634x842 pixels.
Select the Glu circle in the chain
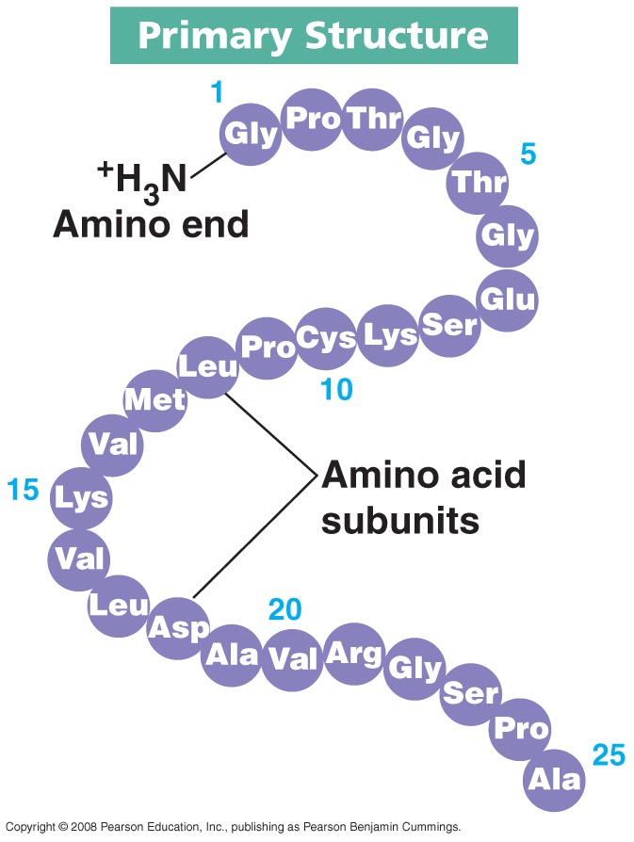(508, 300)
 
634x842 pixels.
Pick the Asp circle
(177, 627)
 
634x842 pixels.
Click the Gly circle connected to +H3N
(252, 135)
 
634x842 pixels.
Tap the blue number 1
(217, 92)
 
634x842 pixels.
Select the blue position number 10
(336, 388)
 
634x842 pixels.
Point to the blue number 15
(23, 489)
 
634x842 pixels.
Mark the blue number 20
(284, 609)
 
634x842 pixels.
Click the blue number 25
(609, 754)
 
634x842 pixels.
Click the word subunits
(399, 520)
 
